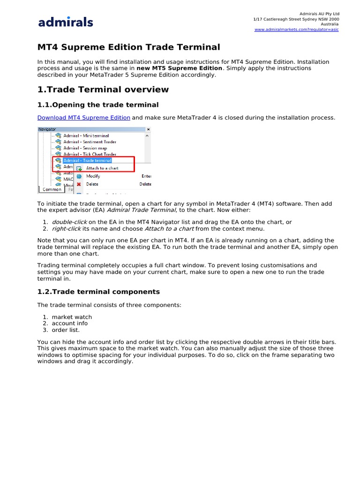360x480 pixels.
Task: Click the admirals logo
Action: click(x=66, y=22)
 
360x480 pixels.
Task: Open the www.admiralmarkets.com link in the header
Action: click(x=296, y=30)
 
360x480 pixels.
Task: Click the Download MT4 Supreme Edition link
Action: click(x=83, y=118)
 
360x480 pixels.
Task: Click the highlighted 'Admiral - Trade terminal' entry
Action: click(x=87, y=160)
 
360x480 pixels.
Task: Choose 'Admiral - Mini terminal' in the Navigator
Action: click(x=86, y=135)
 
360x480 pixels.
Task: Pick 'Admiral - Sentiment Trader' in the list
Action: click(x=90, y=142)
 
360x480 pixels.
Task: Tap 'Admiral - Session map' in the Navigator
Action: click(x=85, y=148)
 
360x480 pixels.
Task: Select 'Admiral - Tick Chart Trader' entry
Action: click(x=90, y=154)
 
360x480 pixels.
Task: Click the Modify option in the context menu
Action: click(x=93, y=176)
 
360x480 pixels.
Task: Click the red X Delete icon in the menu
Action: click(x=79, y=184)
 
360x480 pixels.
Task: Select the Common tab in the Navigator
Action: click(x=52, y=189)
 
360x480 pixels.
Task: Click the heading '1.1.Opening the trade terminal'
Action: click(x=98, y=105)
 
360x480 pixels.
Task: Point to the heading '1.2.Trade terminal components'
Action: click(x=98, y=292)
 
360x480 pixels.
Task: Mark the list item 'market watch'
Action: click(x=72, y=317)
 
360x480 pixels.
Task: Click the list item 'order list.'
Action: click(x=66, y=330)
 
